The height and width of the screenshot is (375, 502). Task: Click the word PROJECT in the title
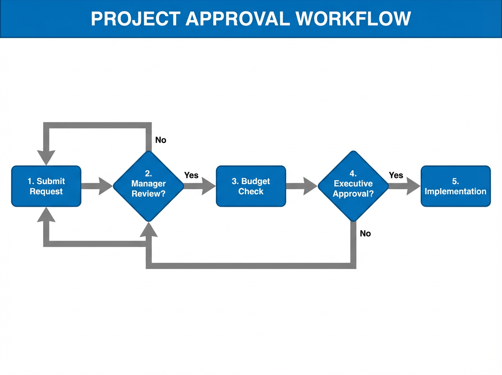[x=135, y=19]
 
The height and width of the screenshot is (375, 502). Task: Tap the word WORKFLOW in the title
[x=353, y=19]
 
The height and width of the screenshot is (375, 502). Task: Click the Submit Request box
[x=46, y=186]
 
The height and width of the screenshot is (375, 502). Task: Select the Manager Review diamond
[x=149, y=186]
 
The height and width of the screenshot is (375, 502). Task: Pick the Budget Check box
[x=251, y=186]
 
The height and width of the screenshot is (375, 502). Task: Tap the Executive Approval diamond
[x=353, y=186]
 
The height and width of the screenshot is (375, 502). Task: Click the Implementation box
[x=455, y=186]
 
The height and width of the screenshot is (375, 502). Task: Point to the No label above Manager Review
[x=161, y=140]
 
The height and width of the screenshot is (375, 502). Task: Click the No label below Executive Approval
[x=365, y=234]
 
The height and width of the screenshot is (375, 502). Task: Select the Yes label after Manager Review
[x=191, y=175]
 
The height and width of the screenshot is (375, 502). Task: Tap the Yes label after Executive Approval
[x=396, y=175]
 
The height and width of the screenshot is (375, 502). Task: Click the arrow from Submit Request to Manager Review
[x=97, y=186]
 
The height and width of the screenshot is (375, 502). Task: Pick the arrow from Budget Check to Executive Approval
[x=301, y=186]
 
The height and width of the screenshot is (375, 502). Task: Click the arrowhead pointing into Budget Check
[x=208, y=186]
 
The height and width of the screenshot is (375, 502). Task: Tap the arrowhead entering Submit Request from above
[x=46, y=157]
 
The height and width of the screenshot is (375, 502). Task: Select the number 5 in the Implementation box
[x=455, y=182]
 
